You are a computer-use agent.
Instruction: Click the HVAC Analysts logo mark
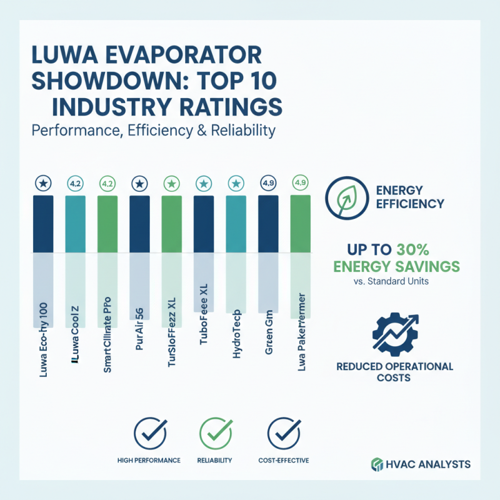[x=377, y=464]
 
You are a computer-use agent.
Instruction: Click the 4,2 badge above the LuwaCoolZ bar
[x=75, y=184]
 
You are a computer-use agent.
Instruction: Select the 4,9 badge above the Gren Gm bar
[x=269, y=184]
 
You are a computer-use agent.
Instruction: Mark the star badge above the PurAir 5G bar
[x=139, y=184]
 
